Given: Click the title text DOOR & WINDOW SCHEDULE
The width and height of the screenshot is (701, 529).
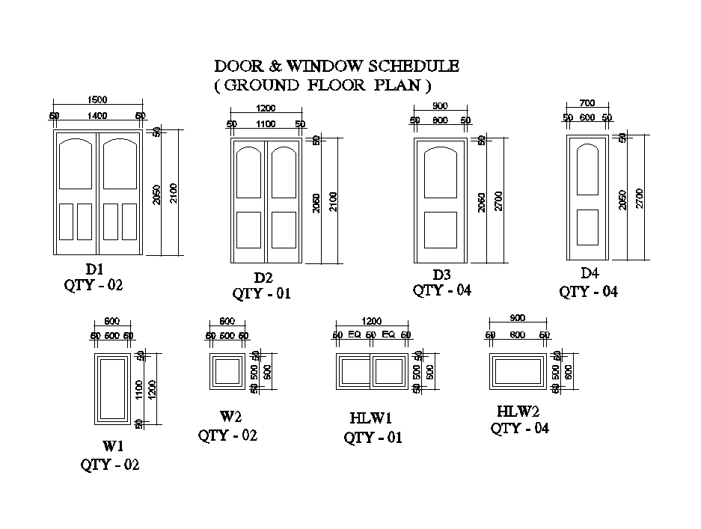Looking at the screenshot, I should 337,67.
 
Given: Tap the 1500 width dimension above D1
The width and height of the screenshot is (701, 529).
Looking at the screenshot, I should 97,99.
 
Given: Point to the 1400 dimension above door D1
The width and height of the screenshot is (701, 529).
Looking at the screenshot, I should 97,116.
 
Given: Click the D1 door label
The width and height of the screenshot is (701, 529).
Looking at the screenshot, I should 94,269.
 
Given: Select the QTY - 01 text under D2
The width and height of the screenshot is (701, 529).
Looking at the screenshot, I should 261,293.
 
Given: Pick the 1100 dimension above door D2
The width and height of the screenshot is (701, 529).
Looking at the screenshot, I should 266,124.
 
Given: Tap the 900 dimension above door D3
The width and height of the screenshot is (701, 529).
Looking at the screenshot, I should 440,106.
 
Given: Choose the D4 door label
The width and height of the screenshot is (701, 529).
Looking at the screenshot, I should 590,273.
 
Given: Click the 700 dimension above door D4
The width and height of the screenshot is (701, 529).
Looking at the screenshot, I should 587,103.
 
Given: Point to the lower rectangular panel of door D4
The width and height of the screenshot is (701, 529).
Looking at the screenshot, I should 588,227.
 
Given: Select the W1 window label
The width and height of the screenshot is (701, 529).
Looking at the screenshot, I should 113,446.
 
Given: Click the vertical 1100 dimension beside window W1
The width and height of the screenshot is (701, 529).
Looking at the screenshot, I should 139,388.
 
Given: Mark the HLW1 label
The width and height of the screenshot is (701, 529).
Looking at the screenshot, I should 371,418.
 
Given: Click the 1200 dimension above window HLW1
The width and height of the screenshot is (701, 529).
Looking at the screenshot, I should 372,321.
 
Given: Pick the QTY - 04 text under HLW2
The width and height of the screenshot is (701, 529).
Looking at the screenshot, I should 520,429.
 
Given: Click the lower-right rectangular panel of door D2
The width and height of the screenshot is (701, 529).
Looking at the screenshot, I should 284,230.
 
